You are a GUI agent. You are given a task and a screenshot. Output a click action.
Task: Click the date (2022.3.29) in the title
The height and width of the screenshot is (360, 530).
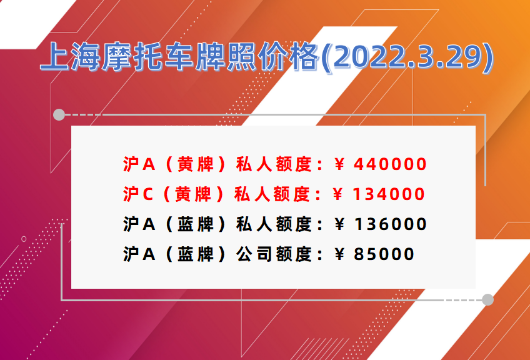point(407,57)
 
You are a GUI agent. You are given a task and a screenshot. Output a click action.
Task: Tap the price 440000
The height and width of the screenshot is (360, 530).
point(390,164)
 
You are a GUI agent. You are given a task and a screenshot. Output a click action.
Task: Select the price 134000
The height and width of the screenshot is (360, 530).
point(388,194)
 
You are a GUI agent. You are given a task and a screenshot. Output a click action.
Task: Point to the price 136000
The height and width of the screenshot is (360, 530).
point(390,224)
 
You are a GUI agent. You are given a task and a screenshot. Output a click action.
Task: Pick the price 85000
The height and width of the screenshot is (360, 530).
point(384,254)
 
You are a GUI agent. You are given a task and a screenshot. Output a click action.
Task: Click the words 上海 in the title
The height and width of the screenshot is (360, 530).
point(70,57)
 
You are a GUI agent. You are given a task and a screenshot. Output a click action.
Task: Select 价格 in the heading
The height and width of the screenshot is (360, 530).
point(288,57)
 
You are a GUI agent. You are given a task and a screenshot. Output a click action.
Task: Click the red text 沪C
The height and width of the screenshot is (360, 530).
point(138,194)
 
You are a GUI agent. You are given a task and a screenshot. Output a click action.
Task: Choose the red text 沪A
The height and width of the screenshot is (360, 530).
point(139,164)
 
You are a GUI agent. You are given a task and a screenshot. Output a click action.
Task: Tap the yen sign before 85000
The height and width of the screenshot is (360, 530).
point(339,254)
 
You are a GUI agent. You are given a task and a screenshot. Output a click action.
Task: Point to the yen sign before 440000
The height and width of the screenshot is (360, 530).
point(339,164)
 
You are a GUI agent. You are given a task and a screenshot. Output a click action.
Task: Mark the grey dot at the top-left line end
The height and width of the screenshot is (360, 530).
point(59,115)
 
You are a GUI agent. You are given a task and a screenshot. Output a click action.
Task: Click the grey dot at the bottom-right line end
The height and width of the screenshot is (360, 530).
point(487,300)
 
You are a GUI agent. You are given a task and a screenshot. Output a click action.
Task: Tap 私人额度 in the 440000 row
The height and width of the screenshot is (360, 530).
point(274,164)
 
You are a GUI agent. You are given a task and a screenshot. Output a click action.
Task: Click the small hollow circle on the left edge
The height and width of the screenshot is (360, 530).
point(24,239)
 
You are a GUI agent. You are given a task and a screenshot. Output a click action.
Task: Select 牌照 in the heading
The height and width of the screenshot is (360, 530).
point(226,57)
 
